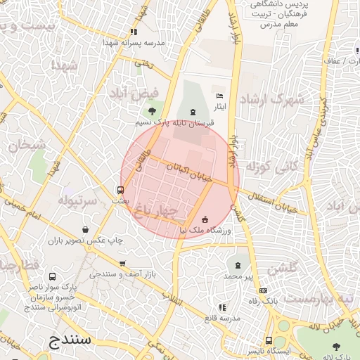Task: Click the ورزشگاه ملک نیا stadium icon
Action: pos(205,219)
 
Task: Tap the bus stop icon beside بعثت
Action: pos(120,190)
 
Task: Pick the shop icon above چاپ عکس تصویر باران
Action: pos(85,229)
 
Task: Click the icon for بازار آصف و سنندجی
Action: pos(123,264)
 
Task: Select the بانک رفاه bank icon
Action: pos(263,290)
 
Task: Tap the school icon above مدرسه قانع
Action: pos(222,307)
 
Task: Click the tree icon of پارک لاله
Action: pos(336,345)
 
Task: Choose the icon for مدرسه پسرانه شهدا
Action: pos(134,32)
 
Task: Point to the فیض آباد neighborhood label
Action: pos(134,92)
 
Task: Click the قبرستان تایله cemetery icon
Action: pos(193,112)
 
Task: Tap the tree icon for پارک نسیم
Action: pos(152,111)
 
